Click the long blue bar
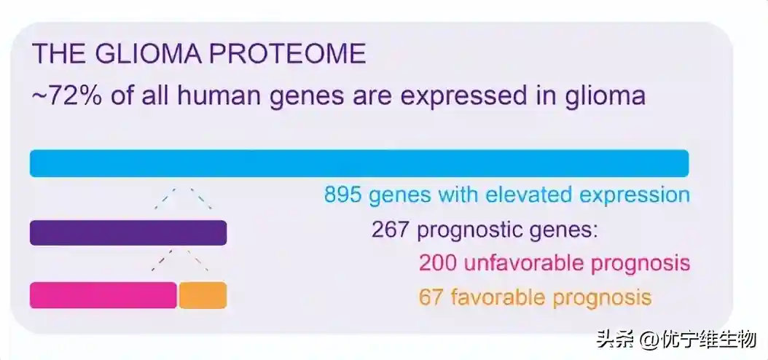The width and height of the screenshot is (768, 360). point(359,163)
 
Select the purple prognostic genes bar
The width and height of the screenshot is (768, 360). point(128,232)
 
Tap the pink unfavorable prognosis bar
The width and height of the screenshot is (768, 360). point(103,295)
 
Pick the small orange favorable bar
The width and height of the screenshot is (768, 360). point(203,295)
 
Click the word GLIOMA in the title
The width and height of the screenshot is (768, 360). point(147,54)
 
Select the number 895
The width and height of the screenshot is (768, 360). point(343,195)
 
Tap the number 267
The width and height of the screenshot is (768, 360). point(390,230)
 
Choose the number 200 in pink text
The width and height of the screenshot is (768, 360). point(438,263)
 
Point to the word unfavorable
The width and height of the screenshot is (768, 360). point(524,263)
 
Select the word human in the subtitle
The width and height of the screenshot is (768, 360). point(216,96)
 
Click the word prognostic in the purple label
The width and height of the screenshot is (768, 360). point(464,230)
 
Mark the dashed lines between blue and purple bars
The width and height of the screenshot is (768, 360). point(183,198)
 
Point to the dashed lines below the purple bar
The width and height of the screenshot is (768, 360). point(180,260)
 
